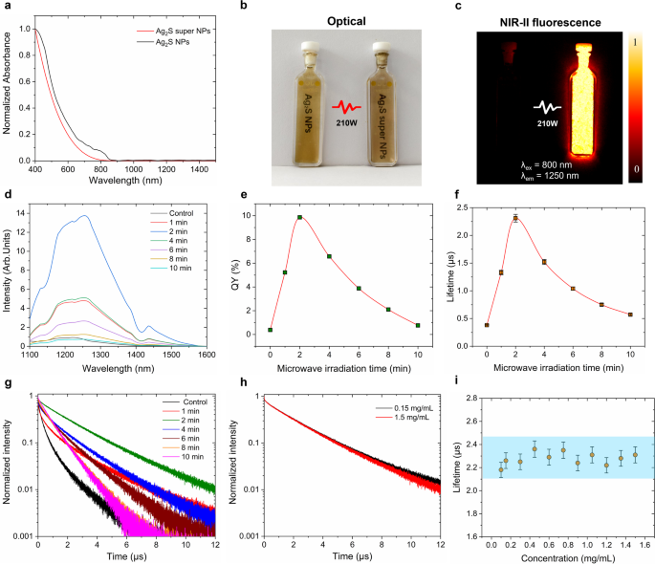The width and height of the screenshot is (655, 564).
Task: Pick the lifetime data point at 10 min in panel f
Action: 630,315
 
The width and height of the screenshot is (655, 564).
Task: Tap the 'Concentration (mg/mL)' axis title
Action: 554,556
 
